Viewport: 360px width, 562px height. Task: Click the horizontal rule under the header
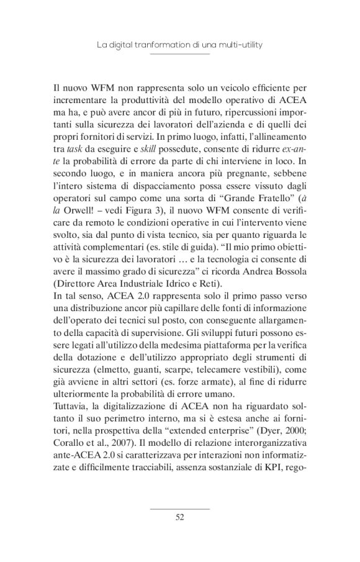(x=180, y=54)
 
